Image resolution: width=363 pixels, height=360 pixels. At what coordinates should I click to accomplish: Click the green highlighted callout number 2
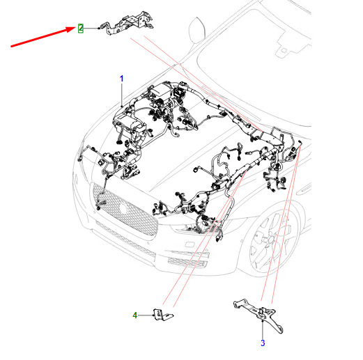[x=80, y=29]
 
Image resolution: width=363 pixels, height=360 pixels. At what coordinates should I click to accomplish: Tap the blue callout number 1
[x=122, y=79]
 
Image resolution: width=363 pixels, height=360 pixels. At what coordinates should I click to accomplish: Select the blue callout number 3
[x=263, y=343]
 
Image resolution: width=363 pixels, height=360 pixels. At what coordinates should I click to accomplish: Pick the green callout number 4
[x=135, y=315]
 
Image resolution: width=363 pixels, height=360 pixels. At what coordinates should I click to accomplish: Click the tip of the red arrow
[x=76, y=27]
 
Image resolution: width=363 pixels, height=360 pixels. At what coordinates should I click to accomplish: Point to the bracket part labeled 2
[x=128, y=24]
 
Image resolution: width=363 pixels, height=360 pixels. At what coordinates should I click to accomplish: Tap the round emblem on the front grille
[x=123, y=208]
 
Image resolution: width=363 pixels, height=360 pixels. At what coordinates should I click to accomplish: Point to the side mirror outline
[x=197, y=30]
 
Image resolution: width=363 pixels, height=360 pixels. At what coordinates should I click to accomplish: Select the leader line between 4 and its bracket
[x=146, y=315]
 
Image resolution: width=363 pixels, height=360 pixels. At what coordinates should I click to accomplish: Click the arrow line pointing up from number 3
[x=263, y=329]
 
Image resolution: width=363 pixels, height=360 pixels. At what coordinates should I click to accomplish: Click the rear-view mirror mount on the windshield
[x=284, y=50]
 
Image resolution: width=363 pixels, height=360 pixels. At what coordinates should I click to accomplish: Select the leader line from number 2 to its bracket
[x=91, y=29]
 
